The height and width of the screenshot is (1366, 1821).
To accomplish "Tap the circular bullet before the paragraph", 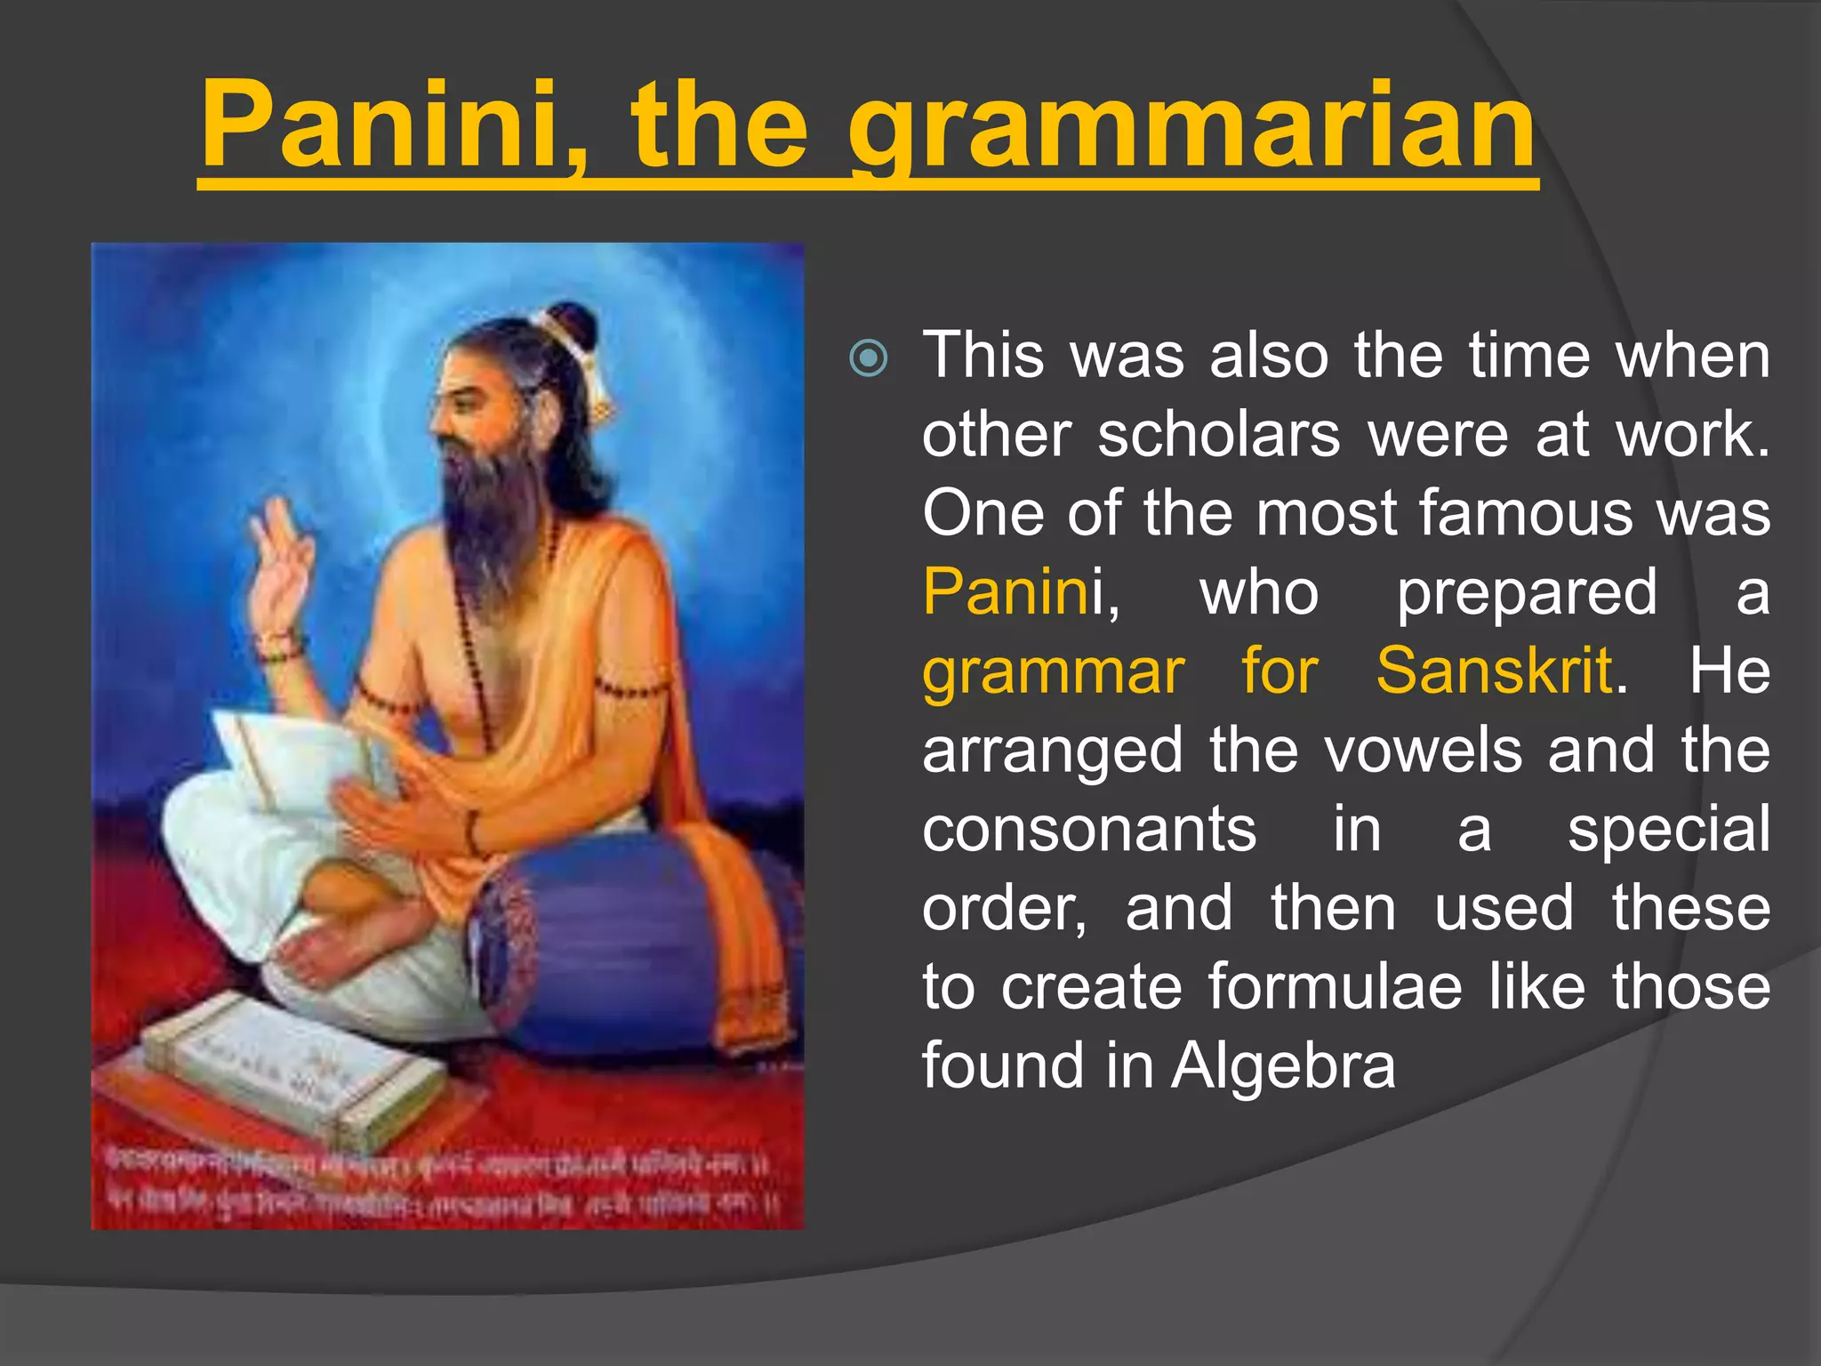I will pyautogui.click(x=868, y=358).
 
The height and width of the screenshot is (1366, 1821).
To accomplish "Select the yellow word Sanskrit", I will pyautogui.click(x=1494, y=671).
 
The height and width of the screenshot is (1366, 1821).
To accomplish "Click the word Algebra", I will pyautogui.click(x=1283, y=1065).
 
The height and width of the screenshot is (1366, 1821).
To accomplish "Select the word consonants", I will pyautogui.click(x=1089, y=829).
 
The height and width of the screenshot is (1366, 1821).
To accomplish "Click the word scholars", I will pyautogui.click(x=1218, y=435).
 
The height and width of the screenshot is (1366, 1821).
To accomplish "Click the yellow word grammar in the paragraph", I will pyautogui.click(x=1053, y=671).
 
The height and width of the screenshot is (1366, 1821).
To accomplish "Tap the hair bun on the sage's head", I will pyautogui.click(x=569, y=325).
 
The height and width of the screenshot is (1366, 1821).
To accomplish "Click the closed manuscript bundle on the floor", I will pyautogui.click(x=293, y=1076).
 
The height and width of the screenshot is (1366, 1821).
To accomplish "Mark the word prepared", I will pyautogui.click(x=1526, y=591).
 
